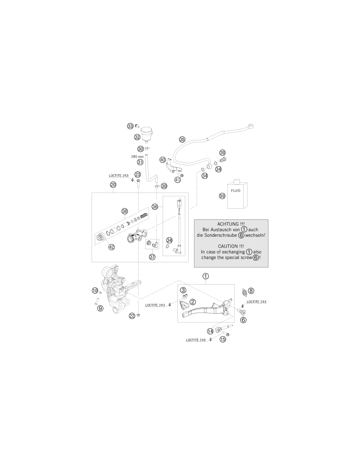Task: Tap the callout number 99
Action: [x=222, y=196]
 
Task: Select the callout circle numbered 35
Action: [x=182, y=140]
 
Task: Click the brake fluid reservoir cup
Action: [x=147, y=133]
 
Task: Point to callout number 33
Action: [x=130, y=126]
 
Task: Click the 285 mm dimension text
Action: [x=137, y=157]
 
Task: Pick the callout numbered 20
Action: [x=113, y=185]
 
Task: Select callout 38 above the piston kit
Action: [x=125, y=212]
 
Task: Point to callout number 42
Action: [x=112, y=247]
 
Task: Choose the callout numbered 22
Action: [x=132, y=316]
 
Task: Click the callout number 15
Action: [x=223, y=339]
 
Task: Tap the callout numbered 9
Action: [x=100, y=308]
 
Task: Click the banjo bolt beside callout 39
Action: [x=223, y=160]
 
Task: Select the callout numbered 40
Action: [x=163, y=160]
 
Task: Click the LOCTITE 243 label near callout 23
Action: [x=119, y=176]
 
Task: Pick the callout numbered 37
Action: [x=152, y=257]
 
